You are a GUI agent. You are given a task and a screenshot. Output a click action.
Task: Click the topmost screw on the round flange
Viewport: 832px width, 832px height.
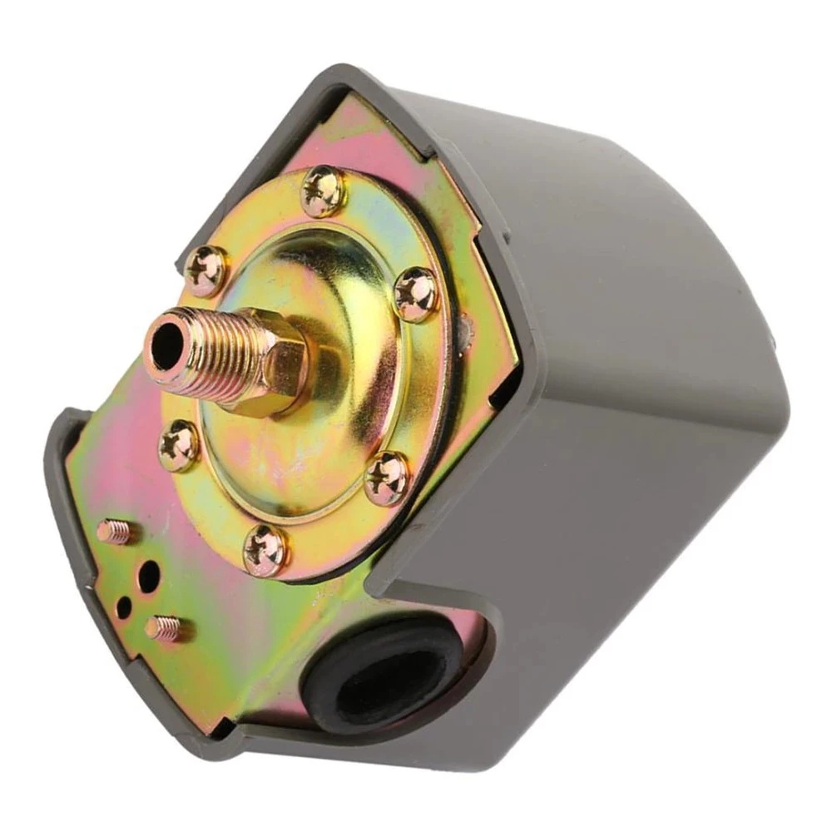(x=323, y=191)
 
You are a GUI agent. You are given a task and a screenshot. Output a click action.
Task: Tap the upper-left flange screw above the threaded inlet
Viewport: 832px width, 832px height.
(x=204, y=271)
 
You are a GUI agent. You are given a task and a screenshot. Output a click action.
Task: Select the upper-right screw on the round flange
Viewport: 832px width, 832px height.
(x=415, y=294)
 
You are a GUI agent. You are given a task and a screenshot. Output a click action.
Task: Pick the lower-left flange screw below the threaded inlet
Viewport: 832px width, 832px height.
(x=179, y=445)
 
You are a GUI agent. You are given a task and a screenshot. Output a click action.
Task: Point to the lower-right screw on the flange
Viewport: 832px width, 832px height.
(x=388, y=478)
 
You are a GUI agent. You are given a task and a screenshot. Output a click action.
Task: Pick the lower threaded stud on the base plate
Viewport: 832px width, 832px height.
(x=163, y=628)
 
